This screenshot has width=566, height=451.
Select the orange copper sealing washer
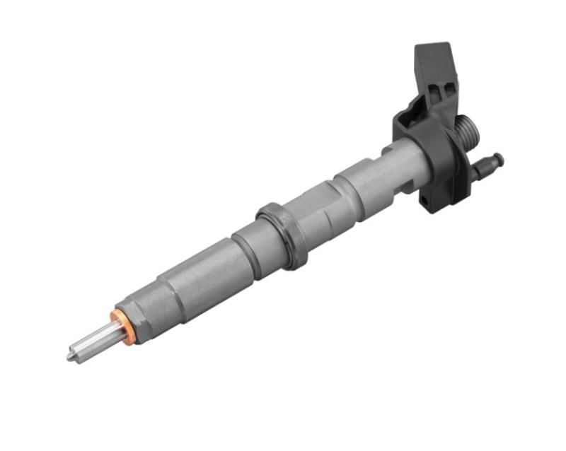pos(122,327)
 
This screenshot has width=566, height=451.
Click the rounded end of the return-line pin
pos(499,158)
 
